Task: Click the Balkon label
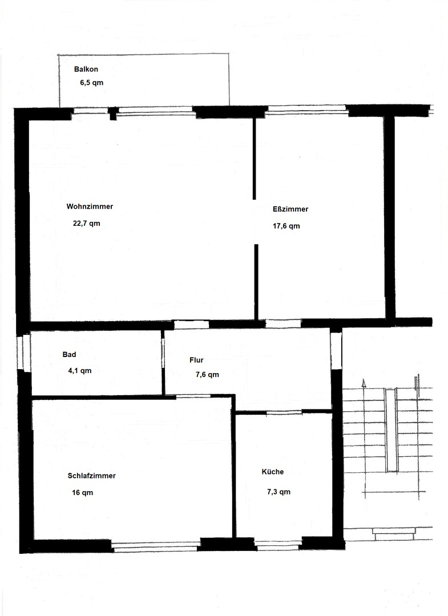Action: (86, 69)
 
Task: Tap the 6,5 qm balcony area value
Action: (91, 83)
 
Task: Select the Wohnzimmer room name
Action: (90, 206)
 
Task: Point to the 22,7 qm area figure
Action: (86, 224)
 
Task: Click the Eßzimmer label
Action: (290, 209)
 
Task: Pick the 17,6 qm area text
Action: (286, 226)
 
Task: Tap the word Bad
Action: (69, 354)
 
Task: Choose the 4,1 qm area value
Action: (79, 371)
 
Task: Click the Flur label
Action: (196, 360)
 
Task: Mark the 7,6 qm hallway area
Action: (207, 375)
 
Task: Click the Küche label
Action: (273, 472)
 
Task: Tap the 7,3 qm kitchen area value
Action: (279, 492)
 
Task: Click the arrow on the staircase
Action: (364, 383)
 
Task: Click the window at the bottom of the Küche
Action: (278, 545)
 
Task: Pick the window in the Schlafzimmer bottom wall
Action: (156, 546)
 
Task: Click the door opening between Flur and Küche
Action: (284, 412)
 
